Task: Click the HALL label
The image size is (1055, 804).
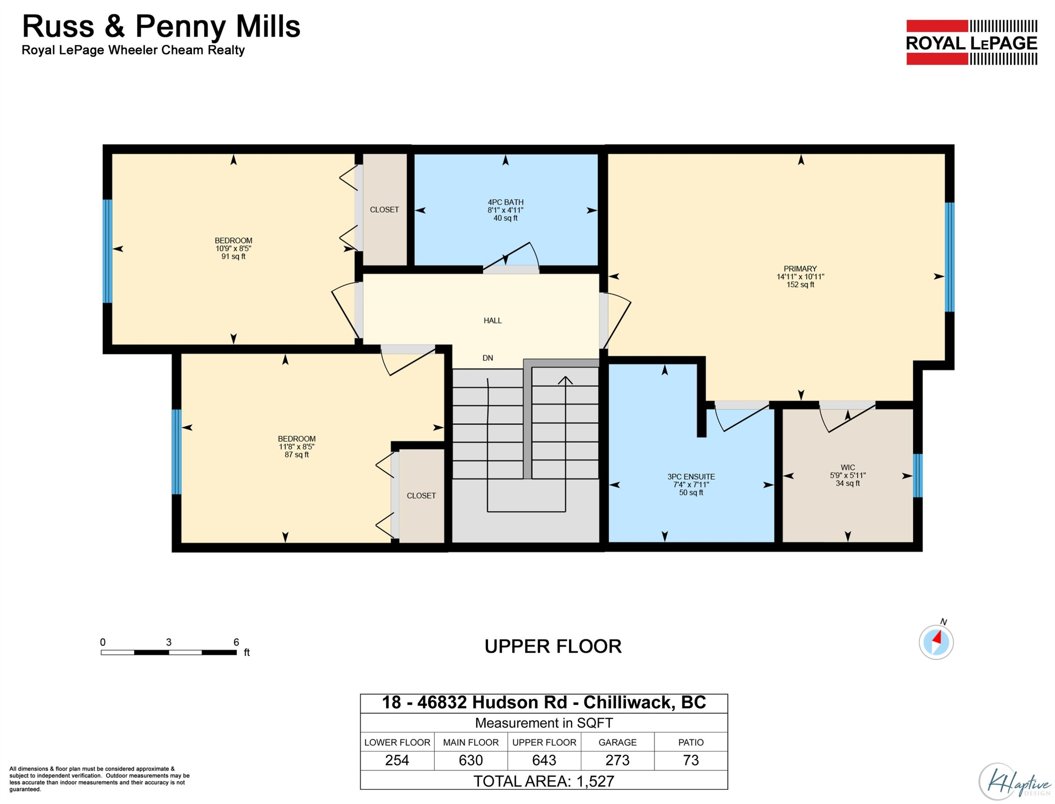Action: pos(493,321)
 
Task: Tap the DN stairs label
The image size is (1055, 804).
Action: pos(488,358)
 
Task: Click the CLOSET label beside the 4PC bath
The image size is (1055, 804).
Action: pos(384,210)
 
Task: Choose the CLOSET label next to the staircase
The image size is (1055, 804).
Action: pos(421,496)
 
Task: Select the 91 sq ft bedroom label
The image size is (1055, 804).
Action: pos(233,249)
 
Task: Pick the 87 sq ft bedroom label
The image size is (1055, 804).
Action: pos(297,446)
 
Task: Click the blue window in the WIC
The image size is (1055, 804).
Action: pos(917,476)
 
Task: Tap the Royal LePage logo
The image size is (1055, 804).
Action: pos(972,42)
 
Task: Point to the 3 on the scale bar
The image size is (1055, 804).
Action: pos(168,642)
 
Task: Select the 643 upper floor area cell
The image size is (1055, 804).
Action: pos(544,760)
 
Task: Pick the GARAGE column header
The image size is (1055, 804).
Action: pos(618,742)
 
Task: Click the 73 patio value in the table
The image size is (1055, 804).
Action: pos(691,760)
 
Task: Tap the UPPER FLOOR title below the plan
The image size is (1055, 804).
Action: pos(553,647)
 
